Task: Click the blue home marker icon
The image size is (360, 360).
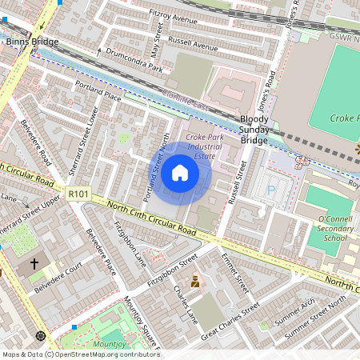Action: pyautogui.click(x=180, y=172)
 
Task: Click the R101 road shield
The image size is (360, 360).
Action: pyautogui.click(x=78, y=193)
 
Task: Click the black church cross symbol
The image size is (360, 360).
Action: pyautogui.click(x=34, y=263)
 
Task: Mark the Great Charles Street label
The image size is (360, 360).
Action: pyautogui.click(x=230, y=321)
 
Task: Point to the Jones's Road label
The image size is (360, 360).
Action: pyautogui.click(x=269, y=68)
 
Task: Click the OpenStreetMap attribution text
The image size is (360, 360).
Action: pyautogui.click(x=80, y=354)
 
